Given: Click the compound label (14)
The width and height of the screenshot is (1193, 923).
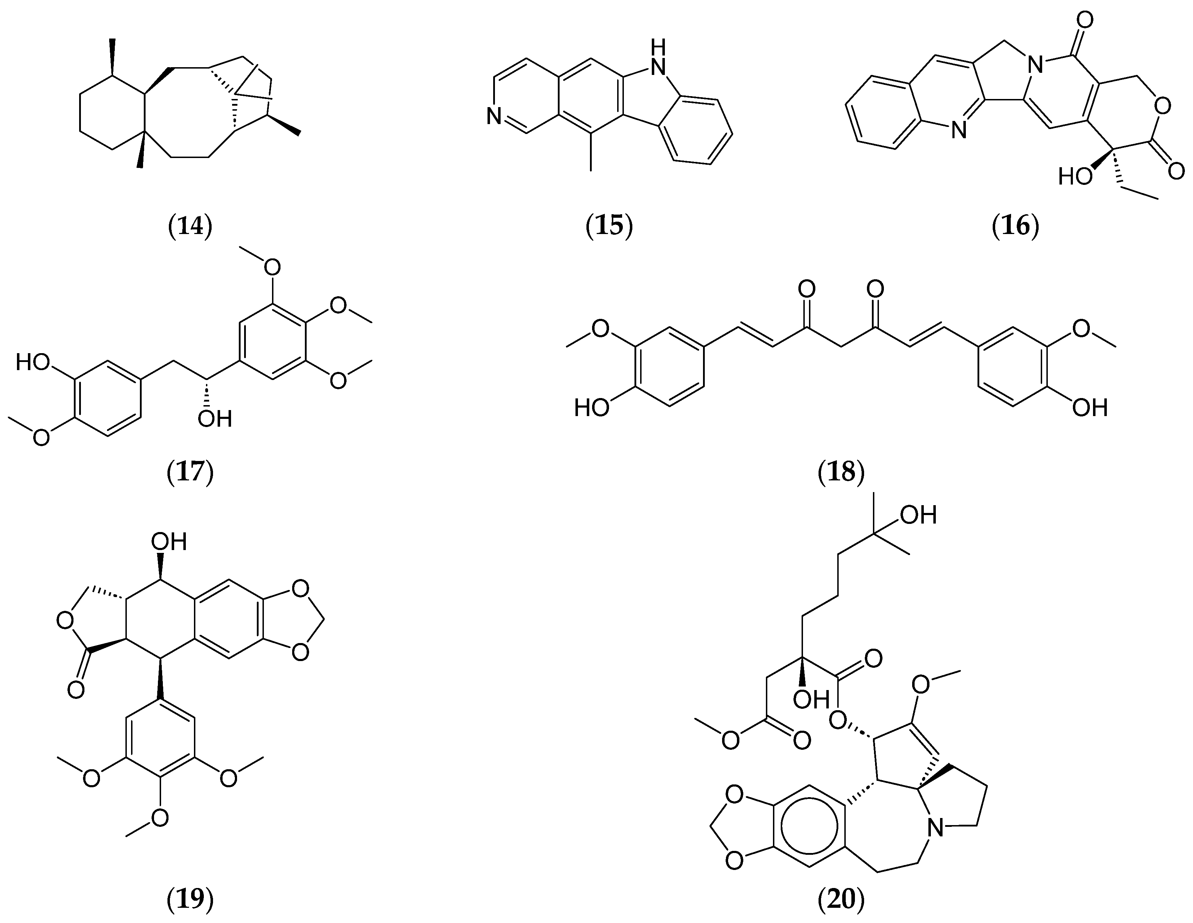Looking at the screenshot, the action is pos(190,226).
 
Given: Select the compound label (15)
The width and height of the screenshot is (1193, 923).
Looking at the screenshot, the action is pos(609,226).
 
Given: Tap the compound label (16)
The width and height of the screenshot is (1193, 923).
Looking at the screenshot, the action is pos(1015,226).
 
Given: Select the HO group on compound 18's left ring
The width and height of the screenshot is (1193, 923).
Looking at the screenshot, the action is pos(592,408).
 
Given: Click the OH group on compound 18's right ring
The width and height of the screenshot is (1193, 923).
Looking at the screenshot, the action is pos(1090,408).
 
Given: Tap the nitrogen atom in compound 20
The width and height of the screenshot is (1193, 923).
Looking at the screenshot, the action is pos(936,829).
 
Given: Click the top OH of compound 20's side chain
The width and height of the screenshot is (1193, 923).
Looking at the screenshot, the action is pos(919,515).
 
